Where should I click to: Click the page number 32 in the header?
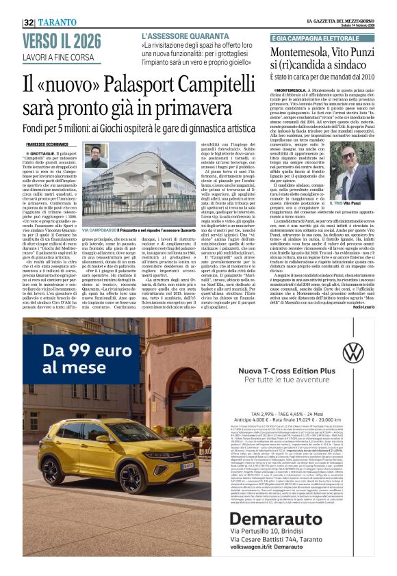click(x=28, y=23)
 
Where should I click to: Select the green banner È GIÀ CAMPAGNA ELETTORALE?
click(x=315, y=39)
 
